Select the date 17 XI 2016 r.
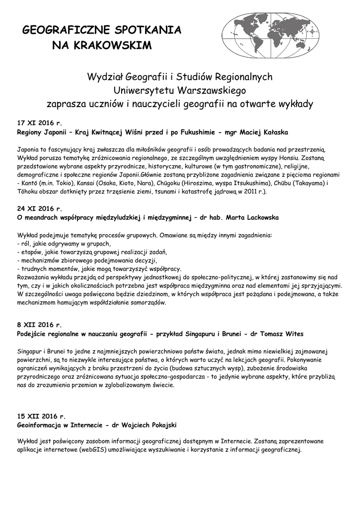click(x=39, y=122)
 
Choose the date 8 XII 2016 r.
click(x=39, y=325)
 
